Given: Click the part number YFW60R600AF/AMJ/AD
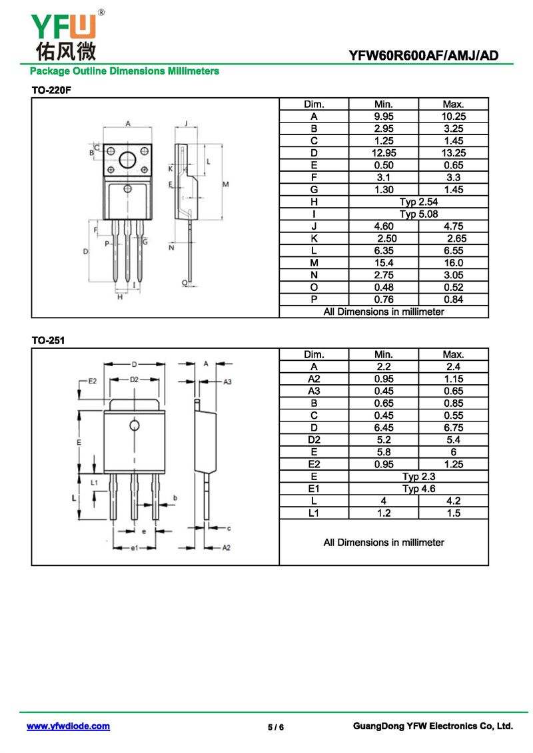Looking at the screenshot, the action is point(424,55).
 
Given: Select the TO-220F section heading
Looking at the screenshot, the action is point(51,90).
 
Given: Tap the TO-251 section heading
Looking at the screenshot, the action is point(48,340).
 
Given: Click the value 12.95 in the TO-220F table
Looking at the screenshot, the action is point(384,152).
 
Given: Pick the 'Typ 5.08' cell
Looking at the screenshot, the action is point(418,214).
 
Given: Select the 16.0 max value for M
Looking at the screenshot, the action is point(453,263).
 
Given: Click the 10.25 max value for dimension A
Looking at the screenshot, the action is point(453,117).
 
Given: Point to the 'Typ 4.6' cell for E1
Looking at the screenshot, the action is point(418,489).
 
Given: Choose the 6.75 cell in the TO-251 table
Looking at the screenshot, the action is point(453,427).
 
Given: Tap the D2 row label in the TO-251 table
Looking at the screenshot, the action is point(314,439).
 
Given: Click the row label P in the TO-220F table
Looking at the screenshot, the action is point(314,299).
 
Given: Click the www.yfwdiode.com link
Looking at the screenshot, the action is point(68,726).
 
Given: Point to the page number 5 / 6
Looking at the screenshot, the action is point(276,727).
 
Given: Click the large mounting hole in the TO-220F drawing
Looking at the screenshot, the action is point(128,160).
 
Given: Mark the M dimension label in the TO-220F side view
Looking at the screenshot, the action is point(225,184).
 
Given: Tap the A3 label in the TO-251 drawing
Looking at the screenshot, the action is point(227,381).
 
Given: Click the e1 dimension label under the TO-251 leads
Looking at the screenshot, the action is point(135,547).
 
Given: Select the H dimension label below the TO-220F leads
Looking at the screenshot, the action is point(120,297).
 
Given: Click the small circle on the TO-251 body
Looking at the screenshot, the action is point(135,425).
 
